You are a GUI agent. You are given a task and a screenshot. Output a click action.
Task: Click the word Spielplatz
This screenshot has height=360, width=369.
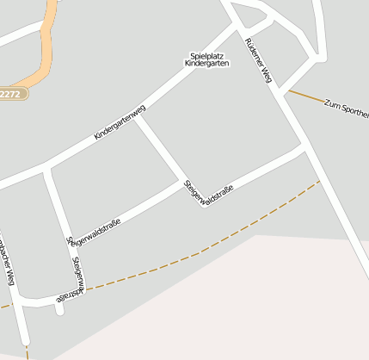point(206,56)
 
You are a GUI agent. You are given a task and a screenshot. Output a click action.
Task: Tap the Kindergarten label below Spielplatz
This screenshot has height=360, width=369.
point(206,64)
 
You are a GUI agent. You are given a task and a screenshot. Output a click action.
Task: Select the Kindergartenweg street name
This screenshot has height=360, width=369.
point(120,122)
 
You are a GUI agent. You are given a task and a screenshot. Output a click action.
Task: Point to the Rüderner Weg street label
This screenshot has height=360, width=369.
point(258,61)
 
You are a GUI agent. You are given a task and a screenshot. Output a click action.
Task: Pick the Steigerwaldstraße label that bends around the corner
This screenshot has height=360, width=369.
point(74,276)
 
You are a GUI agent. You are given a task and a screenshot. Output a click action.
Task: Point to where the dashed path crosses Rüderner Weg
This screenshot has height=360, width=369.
point(320,180)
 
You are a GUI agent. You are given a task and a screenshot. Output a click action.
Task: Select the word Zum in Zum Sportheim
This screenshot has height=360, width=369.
point(331,103)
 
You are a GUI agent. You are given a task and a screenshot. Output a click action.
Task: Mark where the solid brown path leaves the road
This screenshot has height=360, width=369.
point(286,89)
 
